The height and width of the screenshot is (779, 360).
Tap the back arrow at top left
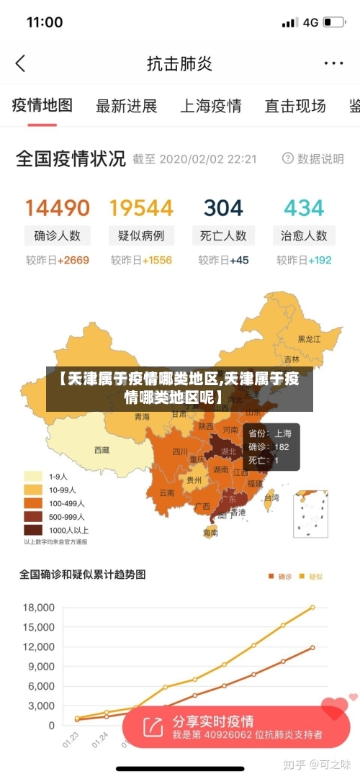[x=20, y=63]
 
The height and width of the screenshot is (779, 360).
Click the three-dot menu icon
[x=333, y=63]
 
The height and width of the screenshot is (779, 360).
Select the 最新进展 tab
[x=126, y=107]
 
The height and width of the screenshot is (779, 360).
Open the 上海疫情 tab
[x=210, y=107]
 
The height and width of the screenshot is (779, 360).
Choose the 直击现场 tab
[x=295, y=107]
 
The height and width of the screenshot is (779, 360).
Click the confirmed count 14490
[x=58, y=208]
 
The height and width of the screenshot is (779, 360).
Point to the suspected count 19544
[x=141, y=208]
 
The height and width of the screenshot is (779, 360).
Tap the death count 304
[x=223, y=208]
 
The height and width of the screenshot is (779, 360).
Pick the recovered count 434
[x=304, y=208]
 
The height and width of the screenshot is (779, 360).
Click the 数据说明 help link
[x=313, y=159]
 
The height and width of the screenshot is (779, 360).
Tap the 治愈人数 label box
[x=304, y=235]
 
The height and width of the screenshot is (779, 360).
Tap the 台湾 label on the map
[x=271, y=497]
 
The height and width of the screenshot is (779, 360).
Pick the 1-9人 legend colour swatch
[x=33, y=477]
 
